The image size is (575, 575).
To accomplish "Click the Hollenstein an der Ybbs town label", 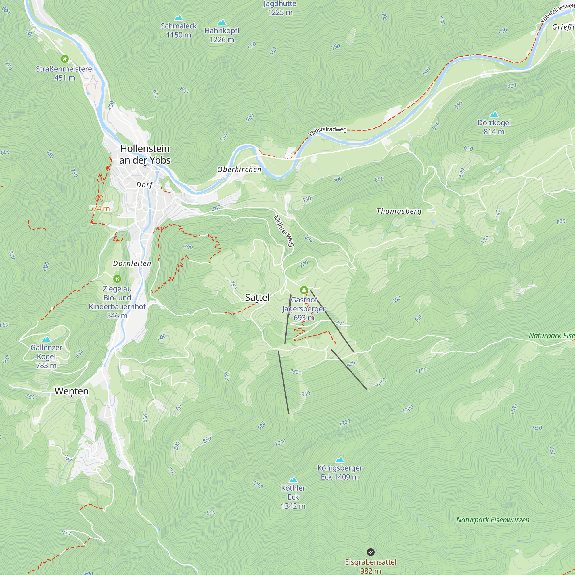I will (145, 154).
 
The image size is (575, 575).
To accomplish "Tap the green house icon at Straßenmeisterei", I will (65, 59).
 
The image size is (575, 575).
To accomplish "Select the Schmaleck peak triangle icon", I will (179, 18).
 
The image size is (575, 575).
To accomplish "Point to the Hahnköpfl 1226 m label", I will (222, 35).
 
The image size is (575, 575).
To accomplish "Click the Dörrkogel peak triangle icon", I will (494, 114).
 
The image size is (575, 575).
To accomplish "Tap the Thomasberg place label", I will (399, 211).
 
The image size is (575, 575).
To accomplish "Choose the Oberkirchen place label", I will (239, 170).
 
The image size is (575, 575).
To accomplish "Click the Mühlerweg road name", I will (284, 231).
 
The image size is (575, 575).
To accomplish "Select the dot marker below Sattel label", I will (257, 303).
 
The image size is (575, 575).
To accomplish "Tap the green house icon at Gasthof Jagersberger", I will (304, 290).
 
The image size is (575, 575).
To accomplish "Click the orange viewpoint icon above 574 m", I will (99, 198).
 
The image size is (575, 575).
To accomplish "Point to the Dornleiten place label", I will (132, 264).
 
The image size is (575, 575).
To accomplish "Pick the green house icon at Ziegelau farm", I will (117, 279).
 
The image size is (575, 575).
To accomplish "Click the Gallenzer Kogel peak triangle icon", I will (46, 339).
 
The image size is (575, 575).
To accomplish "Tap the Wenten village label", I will (71, 391).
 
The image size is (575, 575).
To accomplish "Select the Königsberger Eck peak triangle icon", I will (340, 459).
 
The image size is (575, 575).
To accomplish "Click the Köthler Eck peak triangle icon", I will (293, 480).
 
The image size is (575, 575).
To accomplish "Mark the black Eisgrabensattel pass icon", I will (371, 552).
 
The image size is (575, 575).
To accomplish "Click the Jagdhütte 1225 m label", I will (280, 8).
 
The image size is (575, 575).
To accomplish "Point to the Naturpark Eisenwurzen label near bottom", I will (492, 520).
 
